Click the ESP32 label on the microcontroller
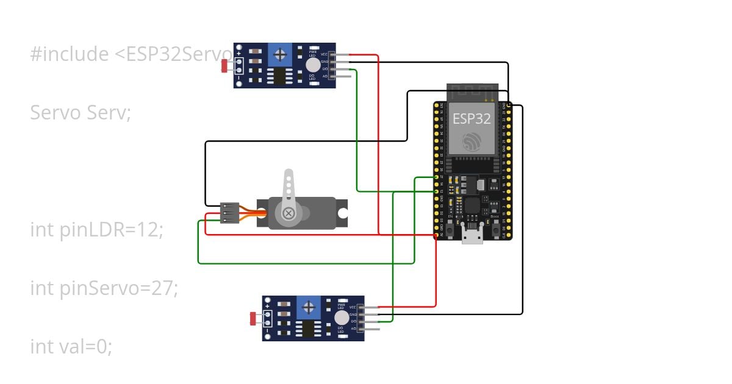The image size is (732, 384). (471, 118)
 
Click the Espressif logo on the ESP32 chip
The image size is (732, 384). (472, 141)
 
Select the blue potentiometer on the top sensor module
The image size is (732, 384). (280, 55)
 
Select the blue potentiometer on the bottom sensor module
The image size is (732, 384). (309, 307)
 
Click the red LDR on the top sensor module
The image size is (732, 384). (225, 65)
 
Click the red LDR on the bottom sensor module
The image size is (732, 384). (253, 318)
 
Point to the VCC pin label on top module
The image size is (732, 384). (325, 54)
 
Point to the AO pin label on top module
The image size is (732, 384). (325, 76)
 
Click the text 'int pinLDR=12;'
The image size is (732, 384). (96, 230)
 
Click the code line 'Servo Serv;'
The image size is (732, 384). (80, 113)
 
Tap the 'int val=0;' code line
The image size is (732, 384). (71, 347)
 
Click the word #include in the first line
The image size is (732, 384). (69, 54)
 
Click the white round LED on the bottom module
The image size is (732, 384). (342, 318)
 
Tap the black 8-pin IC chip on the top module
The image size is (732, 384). (279, 77)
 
